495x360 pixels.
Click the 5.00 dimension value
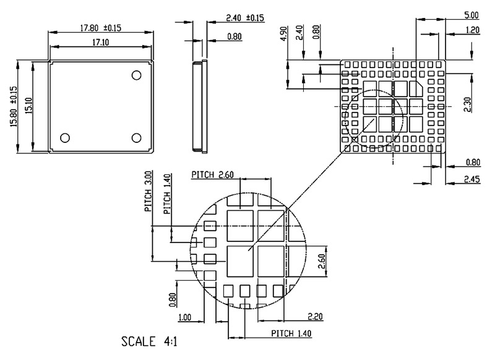(x=470, y=15)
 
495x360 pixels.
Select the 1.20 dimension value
(x=473, y=29)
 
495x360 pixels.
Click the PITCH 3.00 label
(x=148, y=192)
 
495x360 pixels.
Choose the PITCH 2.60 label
(x=212, y=174)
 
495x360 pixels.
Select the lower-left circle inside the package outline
(x=65, y=137)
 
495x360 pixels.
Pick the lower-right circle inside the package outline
(x=137, y=137)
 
